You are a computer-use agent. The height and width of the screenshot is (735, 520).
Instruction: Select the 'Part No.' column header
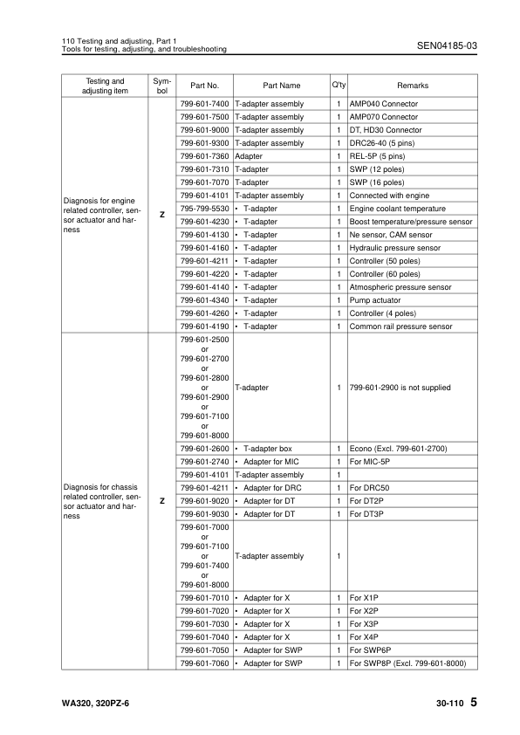tap(204, 86)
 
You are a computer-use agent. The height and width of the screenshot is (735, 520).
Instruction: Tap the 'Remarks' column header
tap(413, 86)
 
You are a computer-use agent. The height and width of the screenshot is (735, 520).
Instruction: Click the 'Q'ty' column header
tap(338, 85)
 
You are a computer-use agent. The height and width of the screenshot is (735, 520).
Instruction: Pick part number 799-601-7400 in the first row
tap(204, 104)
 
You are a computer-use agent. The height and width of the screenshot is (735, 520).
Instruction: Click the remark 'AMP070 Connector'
tap(383, 117)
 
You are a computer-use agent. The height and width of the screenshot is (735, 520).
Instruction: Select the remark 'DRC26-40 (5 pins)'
tap(385, 143)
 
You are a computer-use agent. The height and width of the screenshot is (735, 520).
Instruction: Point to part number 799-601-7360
tap(204, 156)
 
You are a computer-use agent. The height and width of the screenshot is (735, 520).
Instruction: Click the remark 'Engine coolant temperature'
tap(397, 209)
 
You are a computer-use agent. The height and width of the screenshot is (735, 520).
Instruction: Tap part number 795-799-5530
tap(204, 209)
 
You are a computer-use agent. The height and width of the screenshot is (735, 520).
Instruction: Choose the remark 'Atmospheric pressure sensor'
tap(400, 287)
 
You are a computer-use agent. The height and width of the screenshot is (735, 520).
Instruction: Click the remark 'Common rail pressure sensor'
tap(400, 326)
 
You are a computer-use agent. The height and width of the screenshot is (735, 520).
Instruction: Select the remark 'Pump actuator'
tap(376, 300)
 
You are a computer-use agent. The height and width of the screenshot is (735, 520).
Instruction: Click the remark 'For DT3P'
tap(366, 514)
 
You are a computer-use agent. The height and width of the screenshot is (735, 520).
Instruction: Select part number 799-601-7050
tap(204, 651)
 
